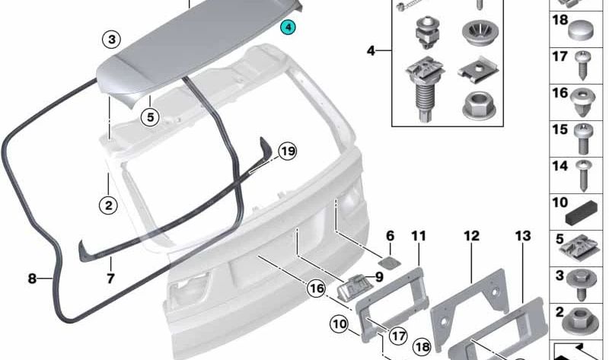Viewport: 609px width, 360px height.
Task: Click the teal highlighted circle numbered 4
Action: click(289, 28)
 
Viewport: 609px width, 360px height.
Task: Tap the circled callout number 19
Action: click(286, 152)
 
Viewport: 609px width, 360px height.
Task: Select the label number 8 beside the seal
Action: click(32, 279)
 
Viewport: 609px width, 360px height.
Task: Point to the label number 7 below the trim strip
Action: click(110, 279)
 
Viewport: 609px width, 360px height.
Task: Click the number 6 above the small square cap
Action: click(390, 237)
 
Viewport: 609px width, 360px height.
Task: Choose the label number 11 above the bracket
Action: click(419, 237)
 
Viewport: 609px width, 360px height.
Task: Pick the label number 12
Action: click(471, 237)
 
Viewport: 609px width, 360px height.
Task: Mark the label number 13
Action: click(522, 237)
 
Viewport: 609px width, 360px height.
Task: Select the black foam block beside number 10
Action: click(587, 206)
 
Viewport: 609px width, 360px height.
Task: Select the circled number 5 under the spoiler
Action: click(150, 117)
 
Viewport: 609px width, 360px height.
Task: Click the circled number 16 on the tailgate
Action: click(317, 289)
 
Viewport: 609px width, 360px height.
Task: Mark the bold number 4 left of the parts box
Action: click(371, 51)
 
